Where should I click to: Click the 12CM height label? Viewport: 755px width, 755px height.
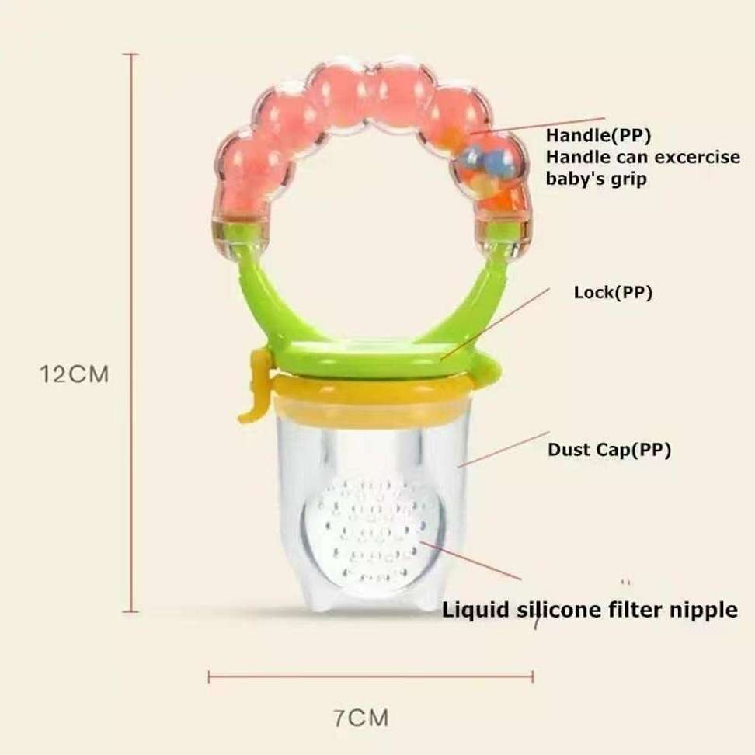point(75,374)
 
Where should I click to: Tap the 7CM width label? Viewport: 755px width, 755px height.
point(361,717)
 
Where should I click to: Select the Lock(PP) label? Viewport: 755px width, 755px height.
point(612,293)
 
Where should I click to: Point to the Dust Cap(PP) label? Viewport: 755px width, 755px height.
point(609,449)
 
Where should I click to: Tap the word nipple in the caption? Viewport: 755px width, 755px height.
point(703,610)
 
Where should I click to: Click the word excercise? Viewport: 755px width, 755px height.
point(693,157)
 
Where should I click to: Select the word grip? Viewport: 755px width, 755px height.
point(629,178)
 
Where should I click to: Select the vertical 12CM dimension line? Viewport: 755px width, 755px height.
point(130,334)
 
